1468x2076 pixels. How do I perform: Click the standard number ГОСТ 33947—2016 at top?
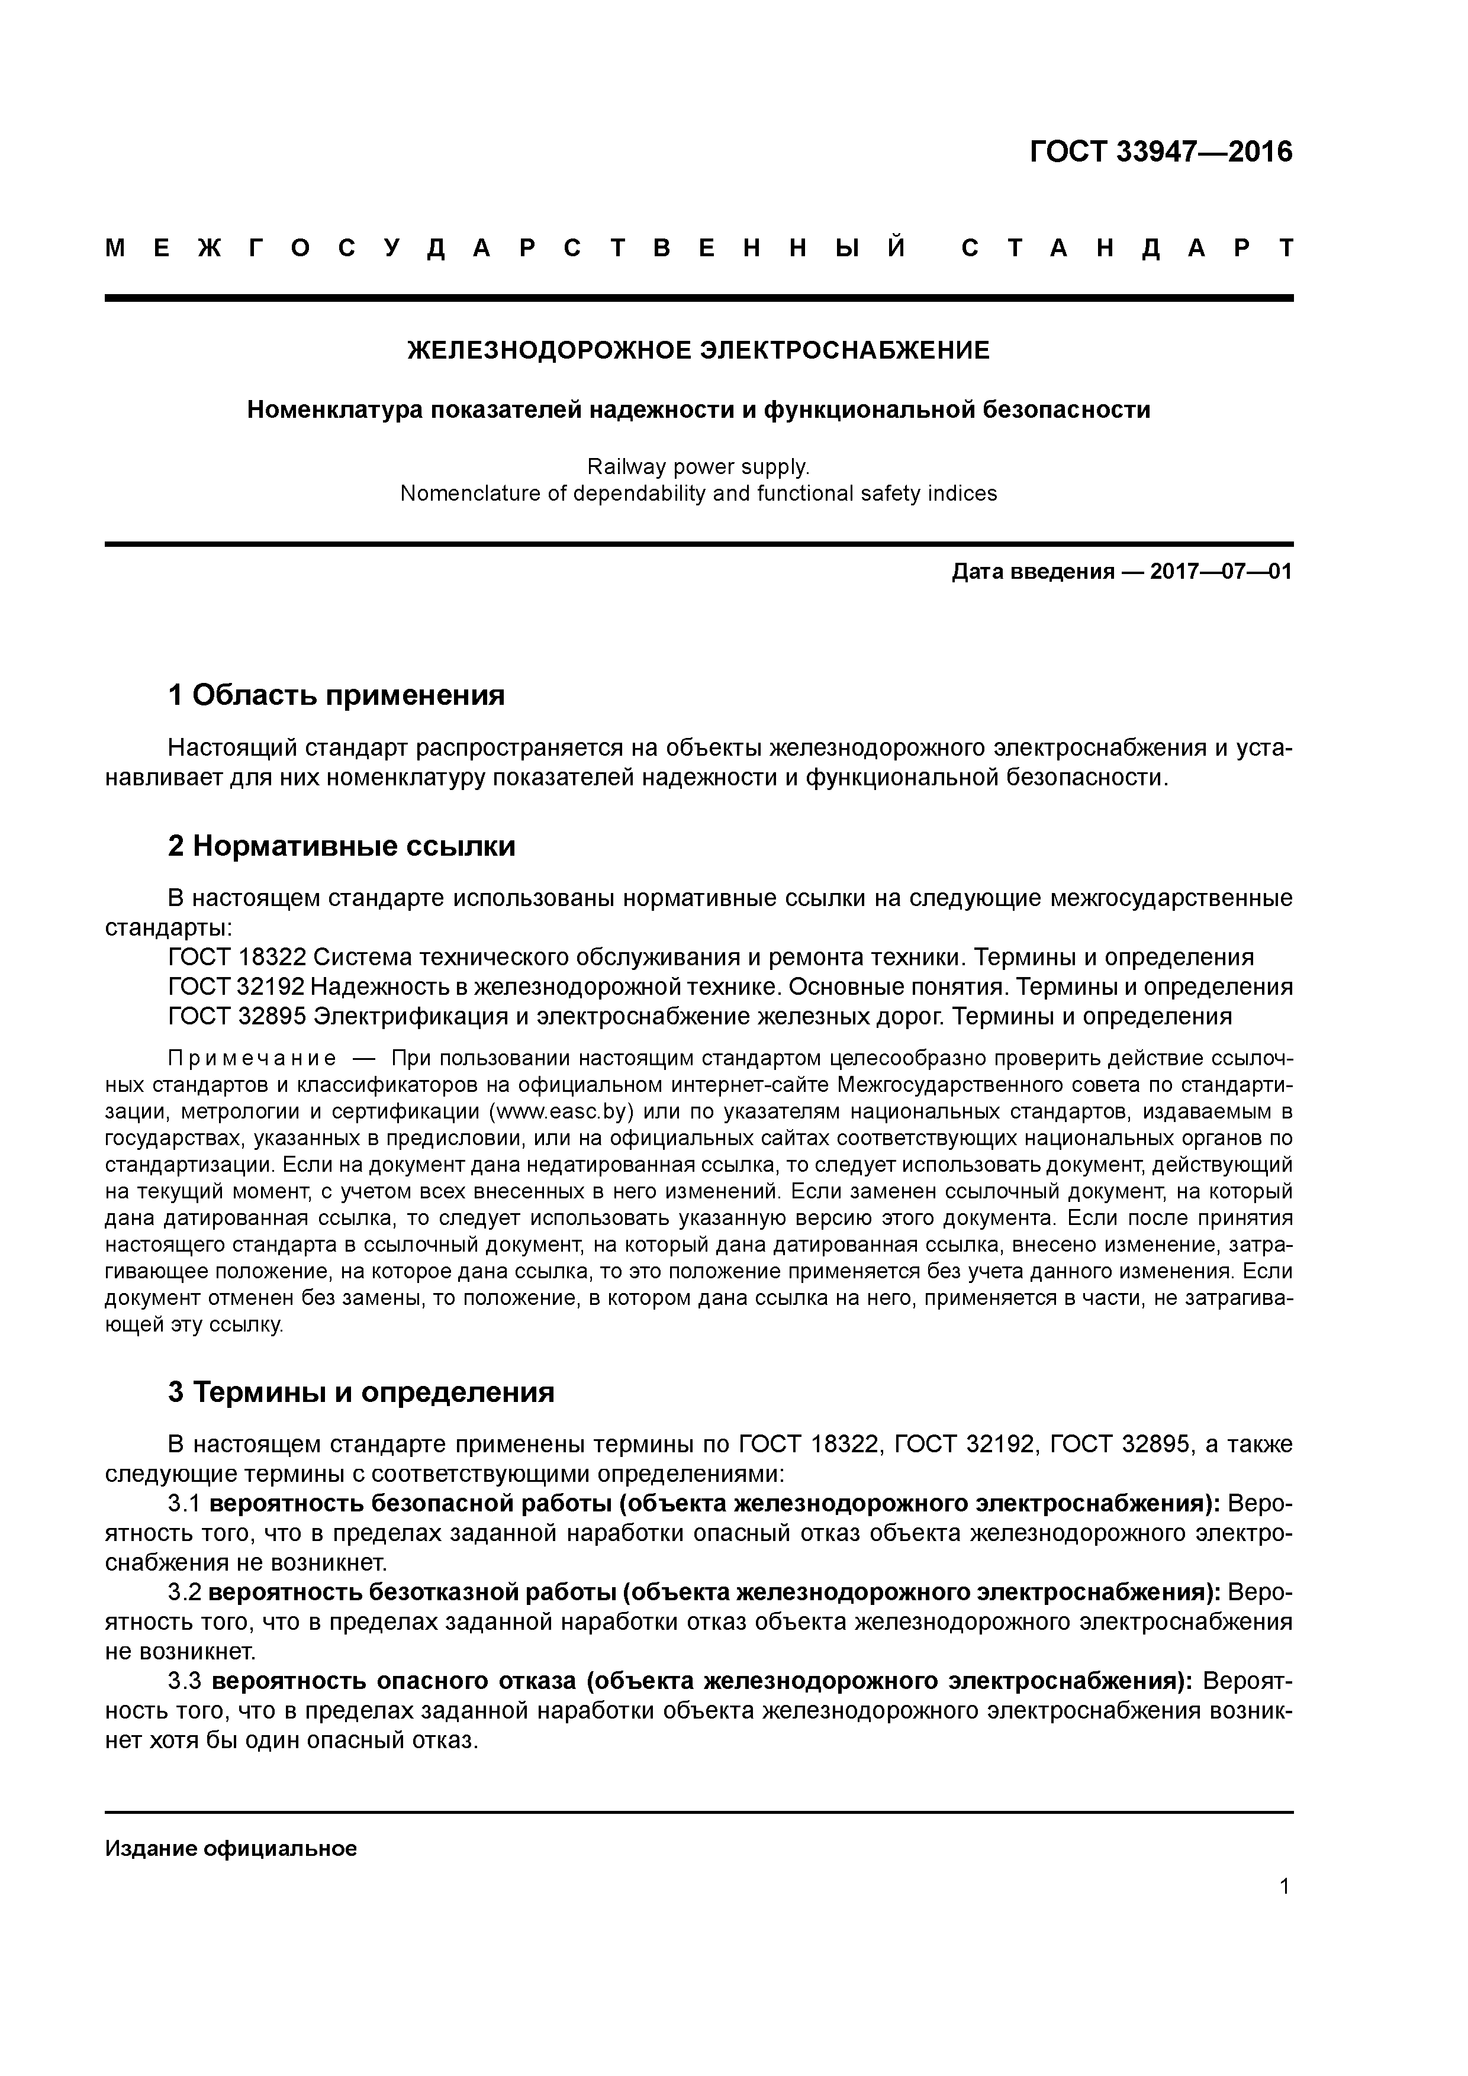point(1161,152)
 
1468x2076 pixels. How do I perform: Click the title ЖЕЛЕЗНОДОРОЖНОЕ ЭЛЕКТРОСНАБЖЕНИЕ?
point(698,350)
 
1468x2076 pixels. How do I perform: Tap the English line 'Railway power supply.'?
point(698,466)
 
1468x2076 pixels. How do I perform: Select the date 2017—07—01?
point(1221,572)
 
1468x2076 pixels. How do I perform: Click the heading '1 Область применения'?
point(336,695)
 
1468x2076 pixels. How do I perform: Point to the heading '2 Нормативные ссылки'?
point(342,846)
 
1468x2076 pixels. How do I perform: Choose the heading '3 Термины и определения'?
point(361,1391)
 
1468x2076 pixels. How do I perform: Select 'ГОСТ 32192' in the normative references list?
point(236,987)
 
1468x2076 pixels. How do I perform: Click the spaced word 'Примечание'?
point(252,1059)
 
